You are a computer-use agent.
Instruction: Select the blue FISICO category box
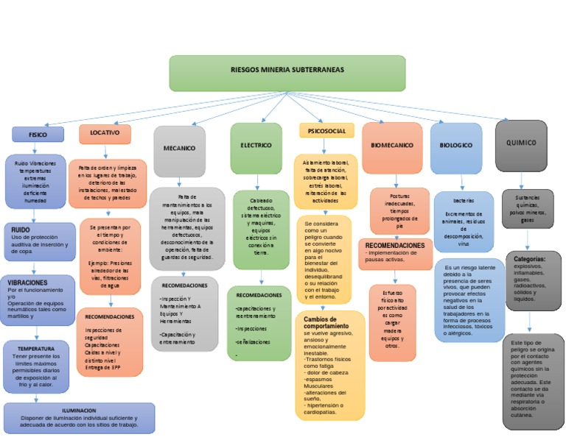coord(37,135)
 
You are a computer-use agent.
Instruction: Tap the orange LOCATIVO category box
coord(105,133)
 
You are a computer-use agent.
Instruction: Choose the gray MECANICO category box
coord(179,148)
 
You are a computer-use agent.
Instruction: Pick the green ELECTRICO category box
coord(256,146)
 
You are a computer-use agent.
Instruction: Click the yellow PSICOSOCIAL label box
coord(326,131)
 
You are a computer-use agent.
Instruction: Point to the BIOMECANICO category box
coord(391,145)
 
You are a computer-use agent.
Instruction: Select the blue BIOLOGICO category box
coord(455,145)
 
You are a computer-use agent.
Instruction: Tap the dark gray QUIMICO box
coord(521,143)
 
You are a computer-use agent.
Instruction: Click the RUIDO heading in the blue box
coord(21,230)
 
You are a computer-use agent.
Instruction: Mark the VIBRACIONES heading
coord(27,283)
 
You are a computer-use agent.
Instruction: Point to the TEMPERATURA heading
coord(36,348)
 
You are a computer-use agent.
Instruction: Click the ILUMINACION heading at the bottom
coord(79,411)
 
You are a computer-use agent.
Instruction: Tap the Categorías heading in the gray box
coord(529,259)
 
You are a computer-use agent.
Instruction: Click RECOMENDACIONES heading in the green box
coord(259,294)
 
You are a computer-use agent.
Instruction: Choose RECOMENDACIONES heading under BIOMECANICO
coord(395,244)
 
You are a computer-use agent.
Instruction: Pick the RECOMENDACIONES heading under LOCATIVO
coord(110,316)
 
